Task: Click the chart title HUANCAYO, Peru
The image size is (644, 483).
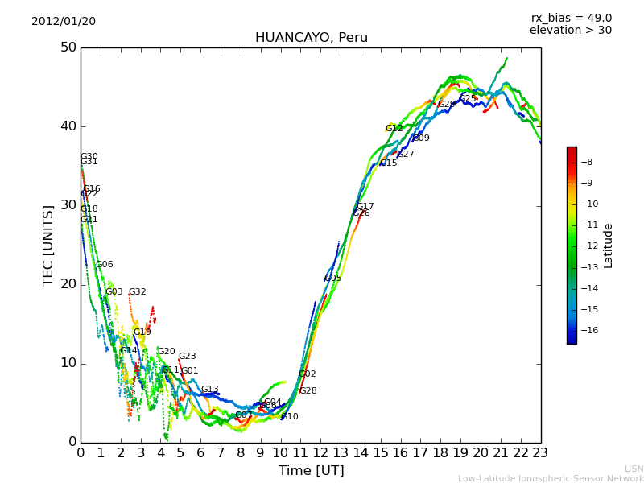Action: tap(311, 38)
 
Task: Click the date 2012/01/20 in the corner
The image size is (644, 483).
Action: tap(64, 22)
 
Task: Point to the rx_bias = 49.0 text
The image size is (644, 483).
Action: tap(571, 19)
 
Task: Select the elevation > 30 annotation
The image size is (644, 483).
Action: tap(570, 31)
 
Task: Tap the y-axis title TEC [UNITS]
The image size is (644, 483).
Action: tap(48, 245)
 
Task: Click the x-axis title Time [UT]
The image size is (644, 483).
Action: tap(311, 470)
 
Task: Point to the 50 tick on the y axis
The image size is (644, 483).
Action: tap(68, 47)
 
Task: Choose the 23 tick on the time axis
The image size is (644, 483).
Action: tap(540, 453)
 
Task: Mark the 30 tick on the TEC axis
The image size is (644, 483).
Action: tap(68, 205)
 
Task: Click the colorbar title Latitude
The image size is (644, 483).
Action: tap(609, 246)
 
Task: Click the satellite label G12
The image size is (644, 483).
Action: tap(394, 129)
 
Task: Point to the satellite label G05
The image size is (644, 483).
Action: tap(333, 279)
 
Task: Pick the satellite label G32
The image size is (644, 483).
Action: tap(138, 292)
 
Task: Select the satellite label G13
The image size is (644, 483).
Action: tap(210, 390)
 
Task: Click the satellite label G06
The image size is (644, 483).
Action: tap(105, 265)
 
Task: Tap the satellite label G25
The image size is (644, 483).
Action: tap(468, 99)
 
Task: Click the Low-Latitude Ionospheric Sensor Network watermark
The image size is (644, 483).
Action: tap(551, 478)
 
